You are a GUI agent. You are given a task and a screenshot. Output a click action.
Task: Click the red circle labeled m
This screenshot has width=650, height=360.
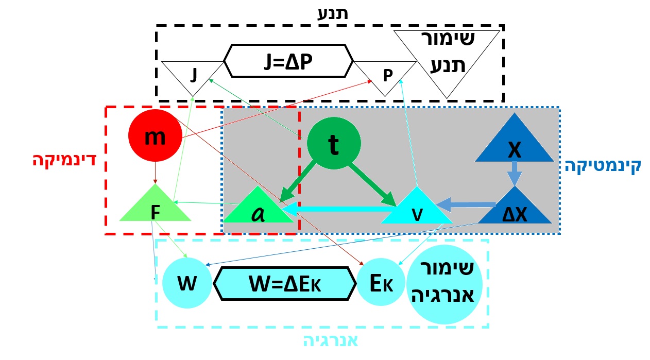155,136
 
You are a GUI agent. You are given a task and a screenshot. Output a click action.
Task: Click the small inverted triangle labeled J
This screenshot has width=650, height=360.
193,76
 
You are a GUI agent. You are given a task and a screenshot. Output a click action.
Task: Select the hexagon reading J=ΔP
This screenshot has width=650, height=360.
288,61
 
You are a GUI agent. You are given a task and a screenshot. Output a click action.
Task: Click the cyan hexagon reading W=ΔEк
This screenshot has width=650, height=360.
285,283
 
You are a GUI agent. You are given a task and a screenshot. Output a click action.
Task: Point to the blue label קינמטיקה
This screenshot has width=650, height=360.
602,166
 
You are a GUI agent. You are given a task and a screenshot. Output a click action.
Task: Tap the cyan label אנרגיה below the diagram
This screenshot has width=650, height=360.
330,340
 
